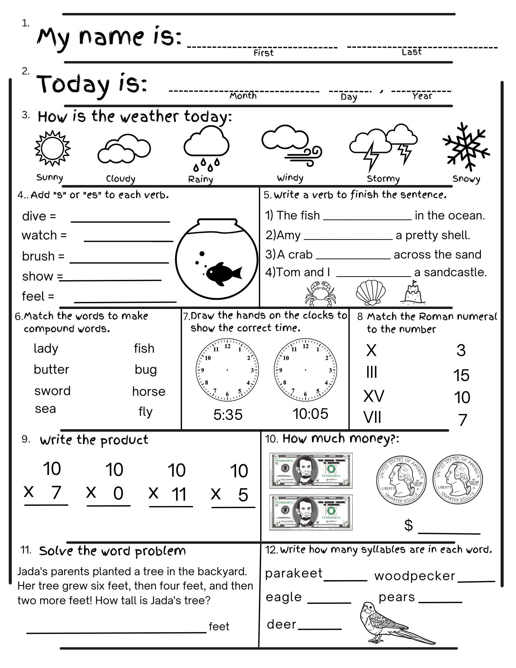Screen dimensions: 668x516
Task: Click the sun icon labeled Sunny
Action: pos(52,148)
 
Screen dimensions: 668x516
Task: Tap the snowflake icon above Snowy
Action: pos(466,146)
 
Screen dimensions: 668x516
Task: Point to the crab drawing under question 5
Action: pos(319,293)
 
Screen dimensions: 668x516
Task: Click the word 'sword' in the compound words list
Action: pos(52,390)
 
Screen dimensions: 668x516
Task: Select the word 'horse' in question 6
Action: pos(149,391)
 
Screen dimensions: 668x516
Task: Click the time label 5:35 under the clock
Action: pos(228,414)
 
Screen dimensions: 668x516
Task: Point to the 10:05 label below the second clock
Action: pos(311,414)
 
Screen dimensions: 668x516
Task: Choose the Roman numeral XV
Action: pos(374,396)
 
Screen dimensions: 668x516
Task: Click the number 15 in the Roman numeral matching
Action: pos(461,375)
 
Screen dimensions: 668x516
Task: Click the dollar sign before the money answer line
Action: pos(408,525)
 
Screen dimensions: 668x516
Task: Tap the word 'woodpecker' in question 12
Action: pos(414,576)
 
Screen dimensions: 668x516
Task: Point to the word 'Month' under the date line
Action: pos(243,96)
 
